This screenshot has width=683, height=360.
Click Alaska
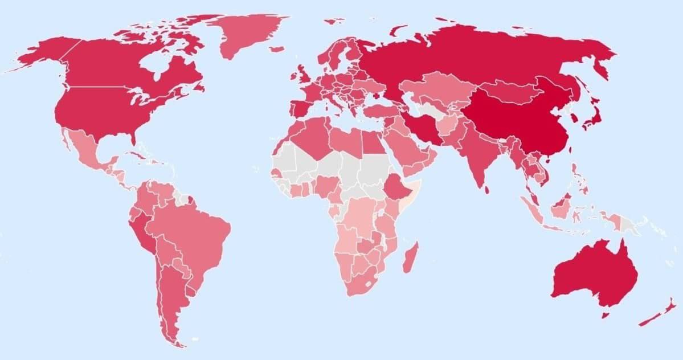pyautogui.click(x=43, y=54)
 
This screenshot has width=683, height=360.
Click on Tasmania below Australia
pyautogui.click(x=606, y=314)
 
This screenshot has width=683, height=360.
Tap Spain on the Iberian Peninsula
pyautogui.click(x=301, y=108)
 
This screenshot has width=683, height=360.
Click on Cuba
pyautogui.click(x=148, y=157)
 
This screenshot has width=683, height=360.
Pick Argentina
pyautogui.click(x=171, y=291)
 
